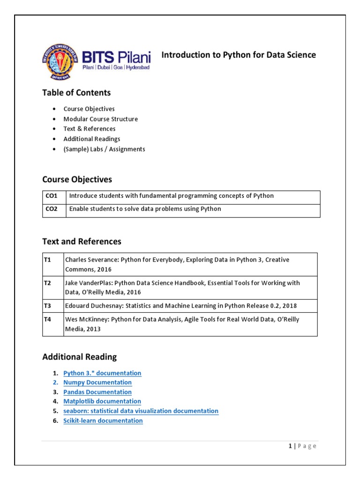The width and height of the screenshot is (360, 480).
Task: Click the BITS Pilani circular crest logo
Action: [60, 61]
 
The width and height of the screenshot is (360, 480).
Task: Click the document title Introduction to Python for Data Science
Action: [239, 55]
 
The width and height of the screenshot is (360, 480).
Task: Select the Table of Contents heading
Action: [76, 92]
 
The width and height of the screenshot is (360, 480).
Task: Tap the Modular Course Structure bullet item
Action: [100, 119]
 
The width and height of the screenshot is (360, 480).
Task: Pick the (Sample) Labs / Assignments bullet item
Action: [104, 149]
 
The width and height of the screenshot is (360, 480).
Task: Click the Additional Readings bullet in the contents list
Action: [92, 139]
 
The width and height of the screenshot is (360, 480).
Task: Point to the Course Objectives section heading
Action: [77, 180]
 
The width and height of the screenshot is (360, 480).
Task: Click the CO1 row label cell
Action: [52, 196]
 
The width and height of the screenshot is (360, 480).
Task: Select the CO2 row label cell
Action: [52, 209]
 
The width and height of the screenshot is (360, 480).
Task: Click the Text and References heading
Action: [82, 241]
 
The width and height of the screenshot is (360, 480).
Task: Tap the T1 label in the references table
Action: [47, 260]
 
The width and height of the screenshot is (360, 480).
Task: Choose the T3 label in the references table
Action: [47, 306]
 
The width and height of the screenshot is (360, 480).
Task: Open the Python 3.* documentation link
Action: [102, 373]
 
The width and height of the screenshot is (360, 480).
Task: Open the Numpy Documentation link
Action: [97, 382]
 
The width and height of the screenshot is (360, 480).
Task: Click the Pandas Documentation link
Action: [97, 392]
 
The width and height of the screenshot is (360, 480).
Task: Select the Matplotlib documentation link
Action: [102, 401]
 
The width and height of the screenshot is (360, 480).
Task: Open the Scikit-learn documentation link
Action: [103, 420]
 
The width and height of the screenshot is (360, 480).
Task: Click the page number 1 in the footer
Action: [290, 446]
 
